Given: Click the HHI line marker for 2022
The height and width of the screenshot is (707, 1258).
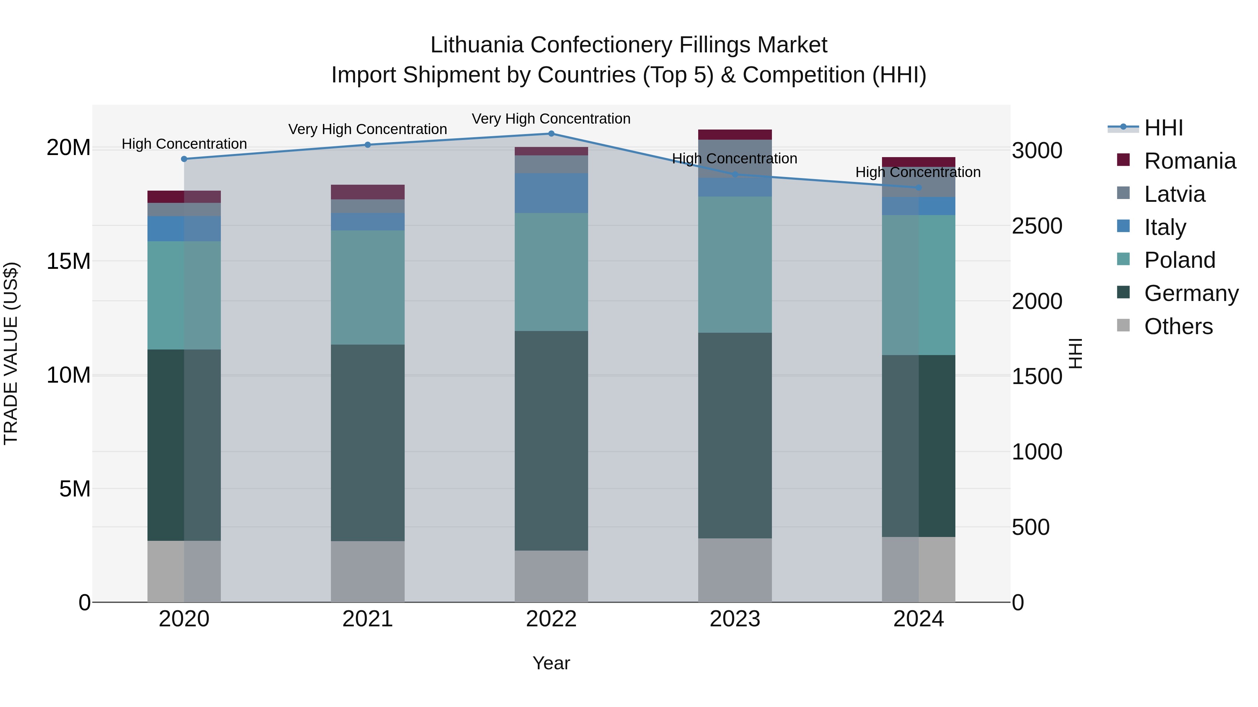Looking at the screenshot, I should coord(551,133).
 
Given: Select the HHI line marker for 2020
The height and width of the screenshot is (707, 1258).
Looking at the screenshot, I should coord(184,159).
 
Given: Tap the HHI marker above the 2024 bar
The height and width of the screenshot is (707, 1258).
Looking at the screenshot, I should coord(919,187).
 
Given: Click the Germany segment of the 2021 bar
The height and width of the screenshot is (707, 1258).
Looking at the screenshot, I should coord(368,443).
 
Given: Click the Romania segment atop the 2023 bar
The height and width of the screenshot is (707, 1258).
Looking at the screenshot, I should coord(735,135).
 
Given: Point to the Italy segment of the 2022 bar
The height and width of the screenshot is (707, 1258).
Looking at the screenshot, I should coord(551,193).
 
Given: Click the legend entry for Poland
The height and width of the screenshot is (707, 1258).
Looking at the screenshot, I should coord(1179,260).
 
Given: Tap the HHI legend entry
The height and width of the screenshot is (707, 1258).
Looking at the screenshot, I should coord(1163,128).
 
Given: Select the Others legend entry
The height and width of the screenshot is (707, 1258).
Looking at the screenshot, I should coord(1178,326).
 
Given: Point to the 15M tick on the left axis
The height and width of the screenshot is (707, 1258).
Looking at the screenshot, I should coord(68,262).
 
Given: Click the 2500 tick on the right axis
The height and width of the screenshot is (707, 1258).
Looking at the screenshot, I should coord(1037,226).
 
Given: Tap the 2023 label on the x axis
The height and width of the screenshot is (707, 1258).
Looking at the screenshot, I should coord(735,619).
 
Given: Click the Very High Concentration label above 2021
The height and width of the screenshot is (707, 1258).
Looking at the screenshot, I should coord(368,129).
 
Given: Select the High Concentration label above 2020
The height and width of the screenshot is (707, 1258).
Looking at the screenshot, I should coord(184,144).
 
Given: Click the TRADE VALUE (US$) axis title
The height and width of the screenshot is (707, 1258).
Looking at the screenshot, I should coord(11,353).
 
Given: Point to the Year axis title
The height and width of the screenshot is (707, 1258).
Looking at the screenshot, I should coord(551,663).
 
